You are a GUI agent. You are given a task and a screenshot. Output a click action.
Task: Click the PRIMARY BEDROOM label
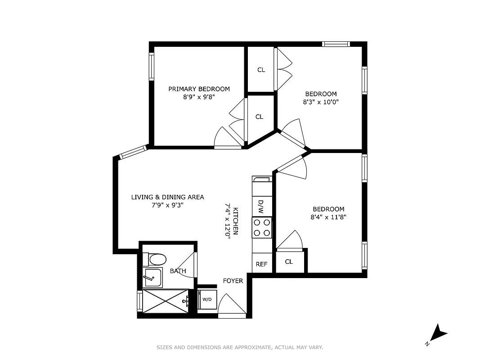pos(199,89)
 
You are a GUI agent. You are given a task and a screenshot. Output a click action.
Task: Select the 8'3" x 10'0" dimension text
pos(320,102)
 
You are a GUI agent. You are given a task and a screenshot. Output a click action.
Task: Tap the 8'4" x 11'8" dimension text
pos(328,217)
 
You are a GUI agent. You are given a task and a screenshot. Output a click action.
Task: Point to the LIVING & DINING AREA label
pos(167,197)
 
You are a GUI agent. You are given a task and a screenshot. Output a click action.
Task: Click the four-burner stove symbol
pos(262,227)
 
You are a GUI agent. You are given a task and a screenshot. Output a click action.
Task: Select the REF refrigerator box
pos(261,264)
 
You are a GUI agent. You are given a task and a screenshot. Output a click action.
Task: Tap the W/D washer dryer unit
pos(207,299)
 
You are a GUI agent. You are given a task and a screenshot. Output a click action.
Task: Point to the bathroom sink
pos(153,277)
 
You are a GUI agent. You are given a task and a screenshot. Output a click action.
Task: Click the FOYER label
pos(233,281)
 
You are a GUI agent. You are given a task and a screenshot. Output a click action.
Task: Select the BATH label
pos(178,271)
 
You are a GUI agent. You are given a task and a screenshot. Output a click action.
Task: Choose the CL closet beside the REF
pos(289,261)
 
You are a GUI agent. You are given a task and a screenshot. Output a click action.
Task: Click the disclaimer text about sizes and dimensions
pos(240,347)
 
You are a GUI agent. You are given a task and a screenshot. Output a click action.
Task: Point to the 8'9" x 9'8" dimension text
pos(199,97)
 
